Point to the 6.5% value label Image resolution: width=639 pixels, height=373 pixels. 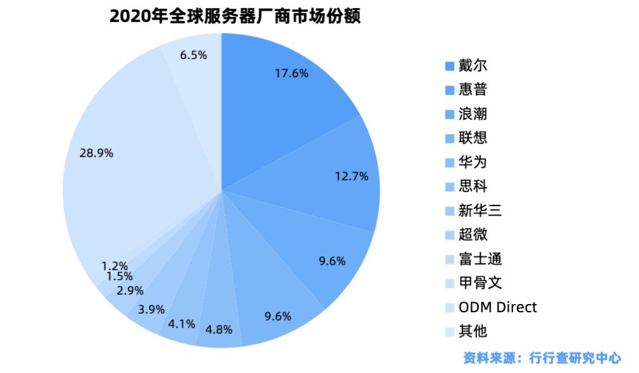tap(193, 55)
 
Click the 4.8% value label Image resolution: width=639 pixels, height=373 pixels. tap(219, 329)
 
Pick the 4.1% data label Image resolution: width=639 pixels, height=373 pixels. tap(181, 324)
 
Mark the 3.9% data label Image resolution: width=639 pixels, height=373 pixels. tap(151, 309)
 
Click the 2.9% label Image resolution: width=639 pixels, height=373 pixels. tap(130, 291)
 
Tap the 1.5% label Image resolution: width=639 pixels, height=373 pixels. tap(119, 276)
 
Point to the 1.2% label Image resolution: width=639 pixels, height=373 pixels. tap(115, 266)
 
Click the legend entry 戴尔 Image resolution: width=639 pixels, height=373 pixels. tap(473, 66)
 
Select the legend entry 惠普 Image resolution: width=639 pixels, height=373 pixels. tap(473, 90)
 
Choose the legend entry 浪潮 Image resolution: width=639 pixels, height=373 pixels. tap(473, 114)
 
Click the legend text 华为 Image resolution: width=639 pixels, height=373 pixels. tap(473, 162)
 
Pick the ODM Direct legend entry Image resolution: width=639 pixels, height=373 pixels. tap(497, 307)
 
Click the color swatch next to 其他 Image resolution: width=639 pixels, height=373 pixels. tap(449, 332)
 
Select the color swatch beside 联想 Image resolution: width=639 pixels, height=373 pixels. tap(449, 138)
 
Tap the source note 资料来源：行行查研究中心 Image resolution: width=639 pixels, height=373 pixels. tap(542, 358)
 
